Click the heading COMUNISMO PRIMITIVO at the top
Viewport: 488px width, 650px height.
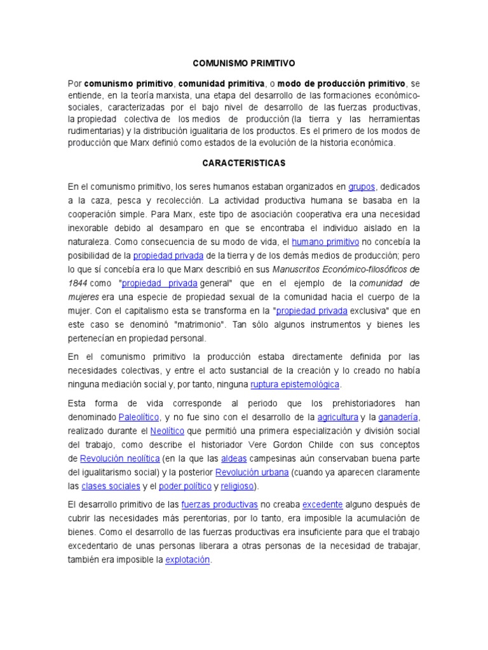pos(244,63)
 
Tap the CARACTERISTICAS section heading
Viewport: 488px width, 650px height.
pos(244,163)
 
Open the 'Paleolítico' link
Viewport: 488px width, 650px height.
pos(138,417)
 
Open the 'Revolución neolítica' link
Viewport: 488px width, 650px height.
pos(119,458)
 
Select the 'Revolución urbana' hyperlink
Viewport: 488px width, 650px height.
pos(252,472)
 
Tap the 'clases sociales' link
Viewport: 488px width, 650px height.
pos(111,486)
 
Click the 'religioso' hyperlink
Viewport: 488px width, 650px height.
pos(236,486)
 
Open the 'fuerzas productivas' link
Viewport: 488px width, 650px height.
pos(219,505)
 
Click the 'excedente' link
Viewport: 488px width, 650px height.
pos(322,505)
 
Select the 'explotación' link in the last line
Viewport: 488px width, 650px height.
pos(187,560)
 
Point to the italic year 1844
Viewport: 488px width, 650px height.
pos(78,283)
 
